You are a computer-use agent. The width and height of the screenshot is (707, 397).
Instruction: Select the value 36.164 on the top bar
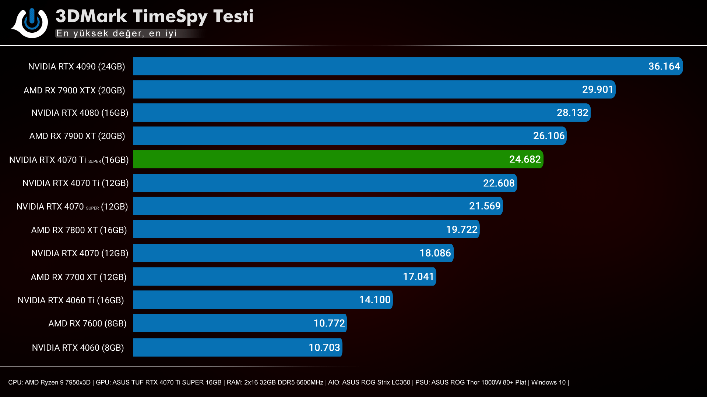click(x=664, y=67)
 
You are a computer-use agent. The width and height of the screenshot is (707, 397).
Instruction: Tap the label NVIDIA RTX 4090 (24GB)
click(x=77, y=67)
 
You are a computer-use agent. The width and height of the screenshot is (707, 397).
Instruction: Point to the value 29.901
click(x=597, y=90)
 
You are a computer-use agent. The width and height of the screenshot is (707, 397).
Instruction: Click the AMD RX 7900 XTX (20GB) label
click(x=74, y=90)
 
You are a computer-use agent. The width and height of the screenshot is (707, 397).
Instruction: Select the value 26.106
click(x=549, y=136)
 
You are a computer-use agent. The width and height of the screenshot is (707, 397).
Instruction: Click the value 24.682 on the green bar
click(x=525, y=160)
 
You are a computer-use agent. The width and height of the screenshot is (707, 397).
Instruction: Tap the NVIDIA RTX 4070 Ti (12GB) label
click(x=75, y=183)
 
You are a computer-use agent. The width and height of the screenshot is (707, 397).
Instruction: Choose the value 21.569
click(x=485, y=206)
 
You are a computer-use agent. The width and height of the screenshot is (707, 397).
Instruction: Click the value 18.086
click(x=435, y=253)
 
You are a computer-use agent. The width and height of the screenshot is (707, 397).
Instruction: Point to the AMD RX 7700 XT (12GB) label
click(x=78, y=277)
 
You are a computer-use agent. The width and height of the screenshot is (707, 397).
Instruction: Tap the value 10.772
click(x=329, y=323)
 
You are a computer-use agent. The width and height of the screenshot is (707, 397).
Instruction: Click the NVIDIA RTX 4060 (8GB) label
click(x=78, y=348)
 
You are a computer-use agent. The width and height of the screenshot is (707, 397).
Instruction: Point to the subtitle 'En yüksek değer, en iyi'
click(x=116, y=33)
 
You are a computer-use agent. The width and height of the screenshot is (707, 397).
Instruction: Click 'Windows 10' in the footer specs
click(x=548, y=382)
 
